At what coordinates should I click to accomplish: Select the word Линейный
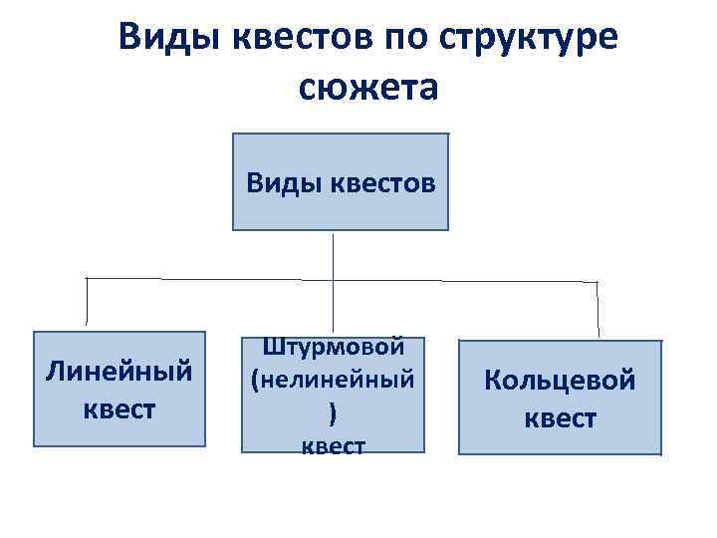pos(119,373)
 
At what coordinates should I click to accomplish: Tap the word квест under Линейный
pos(119,408)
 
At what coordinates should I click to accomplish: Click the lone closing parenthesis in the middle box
pos(333,412)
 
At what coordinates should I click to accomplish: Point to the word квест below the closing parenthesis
pos(333,445)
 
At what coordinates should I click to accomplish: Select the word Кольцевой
pos(560,380)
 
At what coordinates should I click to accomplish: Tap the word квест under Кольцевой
pos(560,417)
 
